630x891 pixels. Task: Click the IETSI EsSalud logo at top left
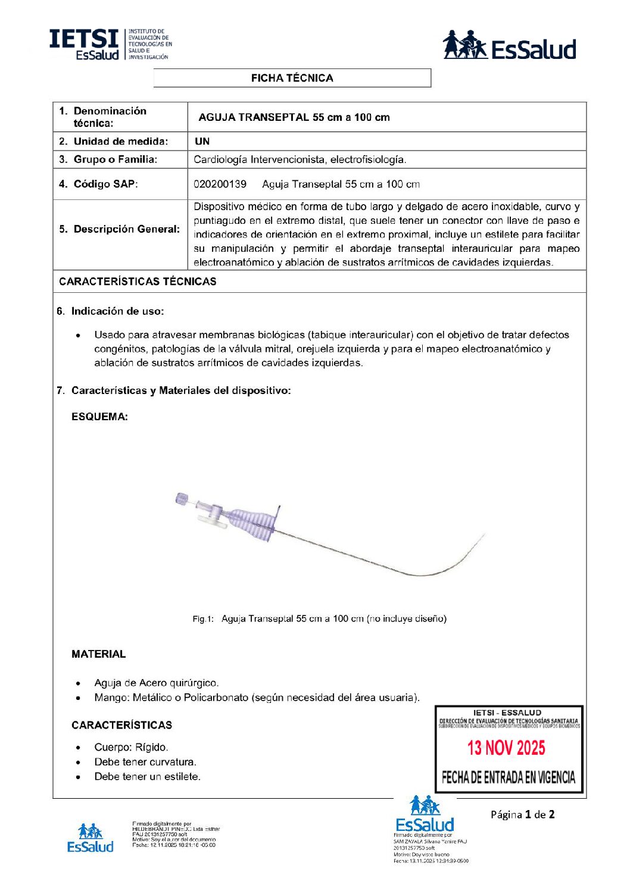click(110, 45)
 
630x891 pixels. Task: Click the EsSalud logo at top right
click(510, 46)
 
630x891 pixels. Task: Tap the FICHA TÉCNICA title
click(292, 78)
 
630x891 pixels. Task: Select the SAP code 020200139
click(220, 184)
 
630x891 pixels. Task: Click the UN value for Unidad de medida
click(202, 142)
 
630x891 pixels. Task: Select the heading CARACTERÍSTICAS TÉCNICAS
click(138, 282)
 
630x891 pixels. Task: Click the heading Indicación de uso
click(117, 311)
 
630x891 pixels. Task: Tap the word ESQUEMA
click(99, 417)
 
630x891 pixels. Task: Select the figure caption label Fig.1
click(202, 619)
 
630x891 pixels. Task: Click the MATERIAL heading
click(98, 654)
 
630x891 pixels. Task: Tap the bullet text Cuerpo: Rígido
click(131, 748)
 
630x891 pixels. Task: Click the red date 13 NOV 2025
click(506, 748)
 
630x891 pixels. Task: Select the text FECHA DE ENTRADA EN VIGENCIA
click(509, 777)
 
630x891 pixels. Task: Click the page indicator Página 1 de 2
click(522, 815)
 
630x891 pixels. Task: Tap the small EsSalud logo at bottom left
click(91, 839)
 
